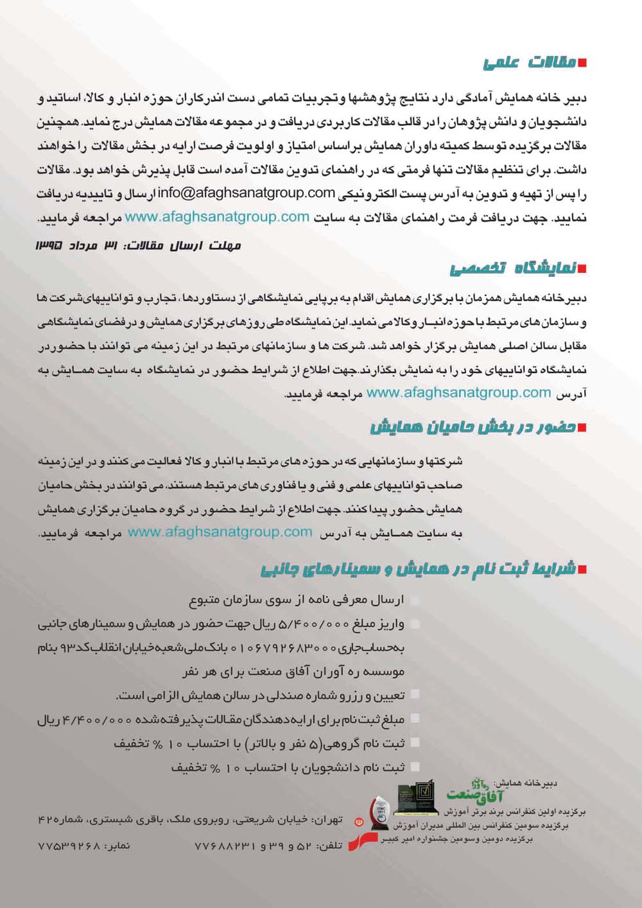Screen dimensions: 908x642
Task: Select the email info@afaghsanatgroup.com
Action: (x=247, y=192)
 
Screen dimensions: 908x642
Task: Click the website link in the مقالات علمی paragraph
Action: (x=217, y=217)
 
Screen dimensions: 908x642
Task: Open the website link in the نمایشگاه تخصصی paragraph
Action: (x=458, y=392)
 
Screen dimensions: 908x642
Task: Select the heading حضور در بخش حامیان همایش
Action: (x=473, y=428)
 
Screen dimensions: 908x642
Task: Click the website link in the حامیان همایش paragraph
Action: (x=220, y=532)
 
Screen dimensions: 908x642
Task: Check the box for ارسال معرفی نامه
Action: (x=415, y=600)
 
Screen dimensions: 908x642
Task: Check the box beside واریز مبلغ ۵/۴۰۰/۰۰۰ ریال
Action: (x=415, y=624)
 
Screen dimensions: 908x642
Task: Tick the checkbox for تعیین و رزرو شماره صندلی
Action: (x=415, y=694)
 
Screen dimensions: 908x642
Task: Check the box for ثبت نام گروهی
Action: (x=415, y=743)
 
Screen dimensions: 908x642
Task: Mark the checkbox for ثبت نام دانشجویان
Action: (x=415, y=767)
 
